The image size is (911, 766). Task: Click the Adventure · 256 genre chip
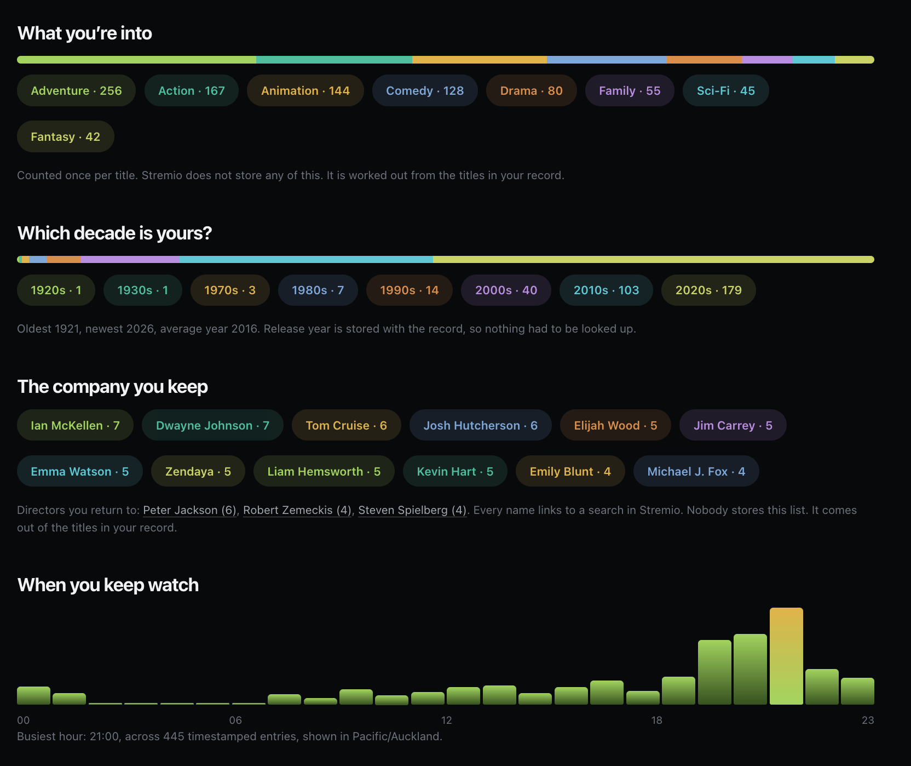(76, 90)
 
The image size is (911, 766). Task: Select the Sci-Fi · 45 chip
(725, 90)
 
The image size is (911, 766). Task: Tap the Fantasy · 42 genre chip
(66, 136)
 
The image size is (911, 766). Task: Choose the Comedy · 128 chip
(425, 90)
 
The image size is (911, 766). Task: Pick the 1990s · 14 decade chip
(410, 290)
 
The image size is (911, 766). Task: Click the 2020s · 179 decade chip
(708, 290)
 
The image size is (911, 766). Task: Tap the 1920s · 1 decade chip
(56, 290)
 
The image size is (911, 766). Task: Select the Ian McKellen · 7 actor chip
(75, 425)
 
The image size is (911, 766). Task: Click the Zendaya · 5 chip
(198, 471)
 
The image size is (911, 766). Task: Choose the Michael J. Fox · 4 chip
(696, 471)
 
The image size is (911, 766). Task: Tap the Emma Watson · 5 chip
(80, 471)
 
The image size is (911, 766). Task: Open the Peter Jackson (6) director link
(189, 510)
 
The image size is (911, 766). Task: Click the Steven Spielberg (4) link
(412, 510)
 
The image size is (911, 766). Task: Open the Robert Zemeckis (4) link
(297, 510)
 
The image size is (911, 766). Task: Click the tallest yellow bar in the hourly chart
(786, 656)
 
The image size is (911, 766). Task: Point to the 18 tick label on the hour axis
(656, 720)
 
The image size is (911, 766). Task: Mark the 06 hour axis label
(235, 720)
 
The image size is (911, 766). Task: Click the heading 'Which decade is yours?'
(114, 233)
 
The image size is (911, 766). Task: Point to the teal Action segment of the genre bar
(334, 60)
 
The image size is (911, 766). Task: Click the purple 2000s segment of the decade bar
(130, 259)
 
